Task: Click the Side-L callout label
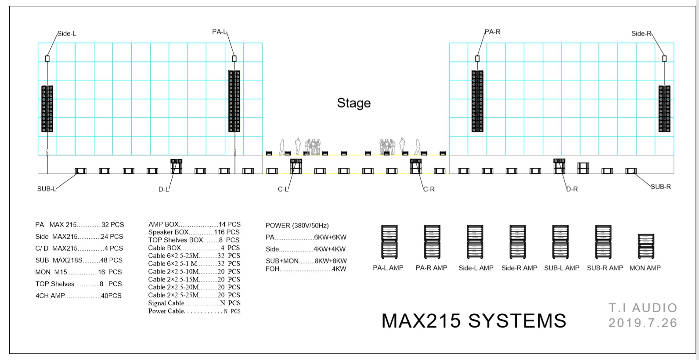click(67, 34)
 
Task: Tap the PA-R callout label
click(493, 32)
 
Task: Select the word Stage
click(354, 103)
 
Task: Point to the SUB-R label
click(661, 187)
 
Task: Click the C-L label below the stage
click(283, 190)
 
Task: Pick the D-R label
click(572, 189)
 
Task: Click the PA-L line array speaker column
click(234, 101)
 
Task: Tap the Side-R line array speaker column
click(664, 108)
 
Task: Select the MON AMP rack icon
click(645, 246)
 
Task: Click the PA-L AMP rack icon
click(389, 242)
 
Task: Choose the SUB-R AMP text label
click(605, 268)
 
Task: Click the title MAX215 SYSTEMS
click(474, 321)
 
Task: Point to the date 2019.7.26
click(643, 323)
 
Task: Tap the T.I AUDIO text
click(643, 308)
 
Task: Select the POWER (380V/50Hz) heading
click(297, 226)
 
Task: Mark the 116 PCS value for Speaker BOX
click(227, 232)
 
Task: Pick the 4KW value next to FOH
click(339, 269)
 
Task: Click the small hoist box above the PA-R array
click(477, 58)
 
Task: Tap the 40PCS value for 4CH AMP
click(111, 296)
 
